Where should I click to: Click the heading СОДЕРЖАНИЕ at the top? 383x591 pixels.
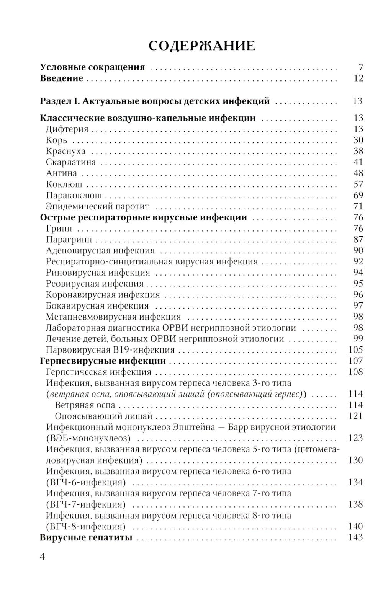click(x=202, y=46)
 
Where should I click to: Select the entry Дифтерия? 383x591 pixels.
click(x=67, y=129)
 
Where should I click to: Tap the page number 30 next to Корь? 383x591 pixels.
click(x=358, y=140)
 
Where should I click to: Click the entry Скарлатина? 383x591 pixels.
click(x=70, y=162)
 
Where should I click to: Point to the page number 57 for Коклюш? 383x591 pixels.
click(x=358, y=184)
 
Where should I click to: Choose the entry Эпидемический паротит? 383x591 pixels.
click(x=97, y=207)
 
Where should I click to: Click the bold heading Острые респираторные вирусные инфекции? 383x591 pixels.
click(x=143, y=218)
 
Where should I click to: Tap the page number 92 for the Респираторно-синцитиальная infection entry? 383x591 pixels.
click(x=358, y=262)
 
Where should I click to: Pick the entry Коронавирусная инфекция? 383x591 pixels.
click(x=103, y=295)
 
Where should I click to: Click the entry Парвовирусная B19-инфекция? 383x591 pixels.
click(x=110, y=350)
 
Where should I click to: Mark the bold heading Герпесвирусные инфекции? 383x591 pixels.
click(x=103, y=361)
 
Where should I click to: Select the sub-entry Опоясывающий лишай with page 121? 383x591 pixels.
click(x=103, y=416)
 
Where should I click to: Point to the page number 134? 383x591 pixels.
click(x=355, y=482)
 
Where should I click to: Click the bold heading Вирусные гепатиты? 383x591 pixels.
click(x=86, y=538)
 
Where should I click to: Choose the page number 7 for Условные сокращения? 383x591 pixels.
click(x=360, y=67)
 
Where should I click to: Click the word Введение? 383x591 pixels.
click(x=61, y=78)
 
